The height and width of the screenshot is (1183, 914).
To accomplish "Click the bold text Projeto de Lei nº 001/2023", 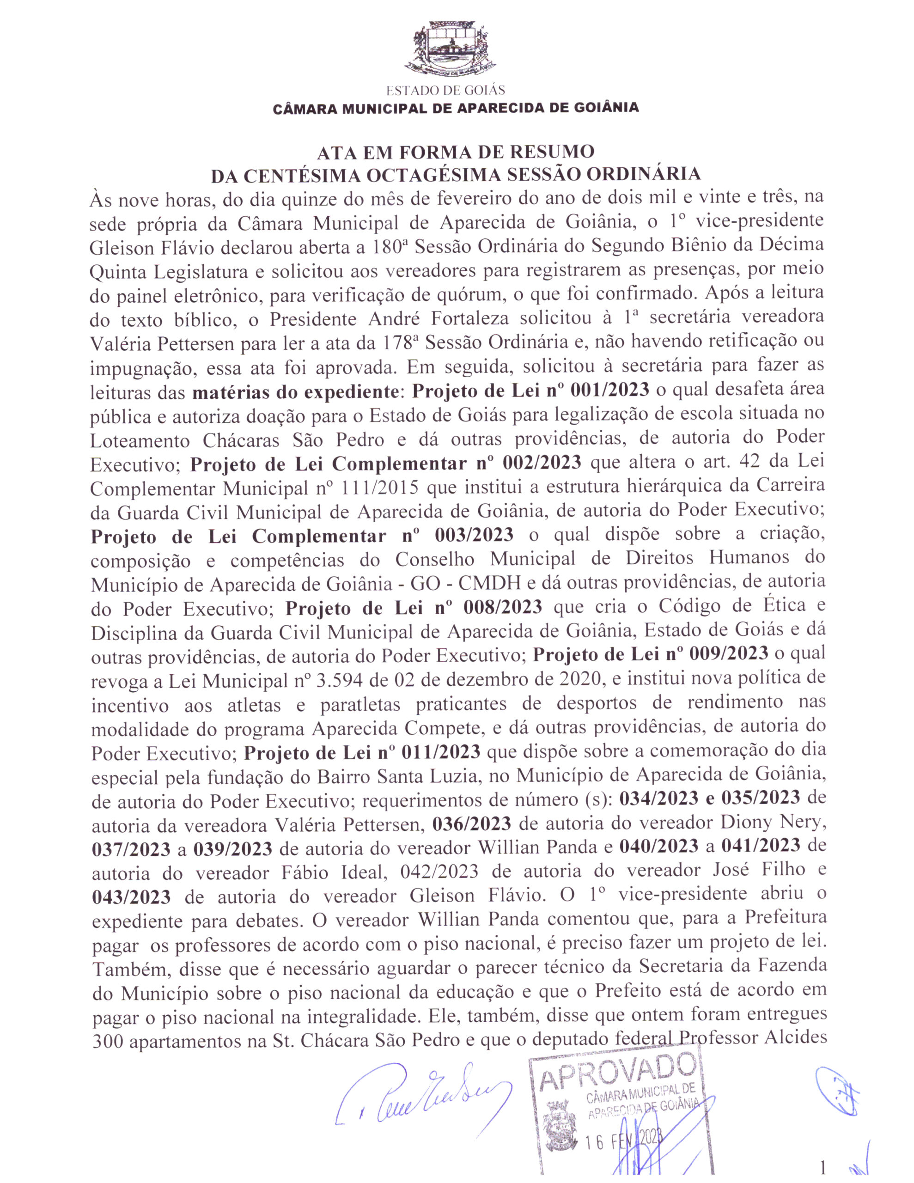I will click(530, 390).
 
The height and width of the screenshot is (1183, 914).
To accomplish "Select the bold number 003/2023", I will click(474, 535).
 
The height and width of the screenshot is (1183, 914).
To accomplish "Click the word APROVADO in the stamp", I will click(618, 1065).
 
